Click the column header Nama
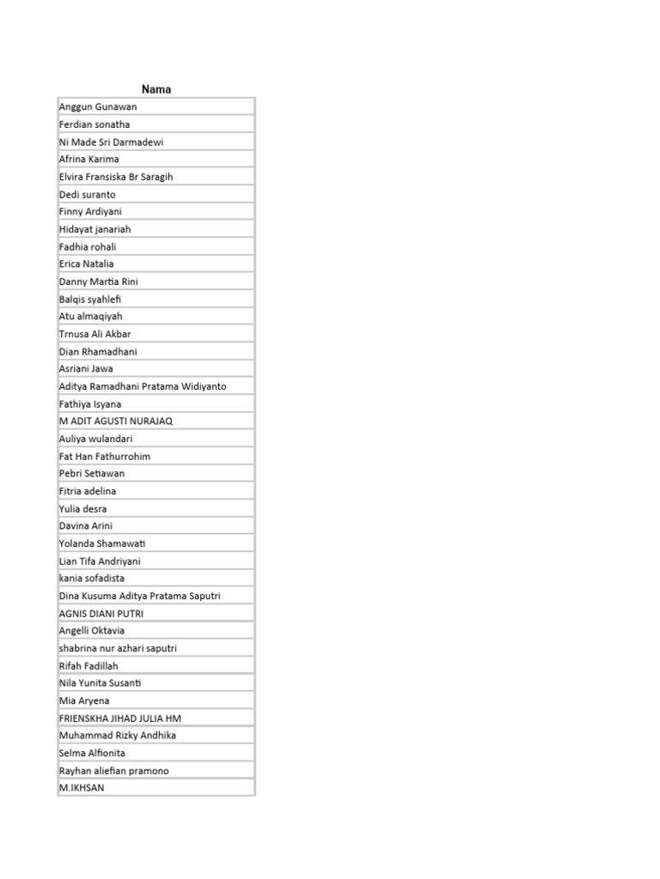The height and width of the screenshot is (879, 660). pos(156,89)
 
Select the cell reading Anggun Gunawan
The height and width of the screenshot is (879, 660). pos(98,106)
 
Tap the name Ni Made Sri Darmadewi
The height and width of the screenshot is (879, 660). pos(112,142)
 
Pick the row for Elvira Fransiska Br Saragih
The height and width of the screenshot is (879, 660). pos(116,177)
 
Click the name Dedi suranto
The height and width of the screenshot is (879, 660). pos(88,194)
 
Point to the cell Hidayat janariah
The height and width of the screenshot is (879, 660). pos(95,229)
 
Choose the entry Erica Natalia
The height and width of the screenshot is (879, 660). pos(87,264)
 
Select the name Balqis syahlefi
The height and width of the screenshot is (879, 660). pos(90,299)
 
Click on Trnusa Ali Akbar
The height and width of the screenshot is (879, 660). pos(95,334)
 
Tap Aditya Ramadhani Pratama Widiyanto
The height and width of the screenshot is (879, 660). pos(143,386)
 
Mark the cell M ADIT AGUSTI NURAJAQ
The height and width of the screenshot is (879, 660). pos(116,421)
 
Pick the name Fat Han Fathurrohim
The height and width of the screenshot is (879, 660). pos(105,456)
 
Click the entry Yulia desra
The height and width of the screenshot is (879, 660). pos(83,508)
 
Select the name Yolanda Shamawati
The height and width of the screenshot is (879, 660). pos(102,543)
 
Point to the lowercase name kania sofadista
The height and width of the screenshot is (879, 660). pos(92,578)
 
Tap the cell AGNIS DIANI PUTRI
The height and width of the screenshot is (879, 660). pos(101,613)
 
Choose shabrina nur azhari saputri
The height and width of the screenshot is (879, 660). pos(118,648)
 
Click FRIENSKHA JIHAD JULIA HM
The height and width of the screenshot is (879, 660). pos(120,718)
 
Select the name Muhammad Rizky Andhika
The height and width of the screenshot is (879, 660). pos(117,736)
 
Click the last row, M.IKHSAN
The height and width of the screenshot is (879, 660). pos(82,787)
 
